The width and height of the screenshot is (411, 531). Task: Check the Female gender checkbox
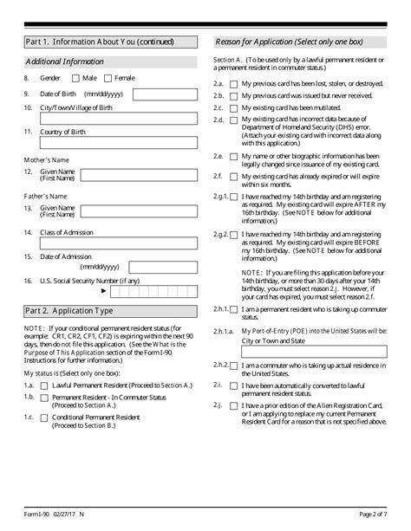(x=108, y=78)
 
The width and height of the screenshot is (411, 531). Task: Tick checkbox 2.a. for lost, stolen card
(x=234, y=83)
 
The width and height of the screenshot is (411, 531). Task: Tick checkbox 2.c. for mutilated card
(x=234, y=107)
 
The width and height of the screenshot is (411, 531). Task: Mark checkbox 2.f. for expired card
(x=234, y=176)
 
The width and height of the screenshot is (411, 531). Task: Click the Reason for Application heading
(x=289, y=42)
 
